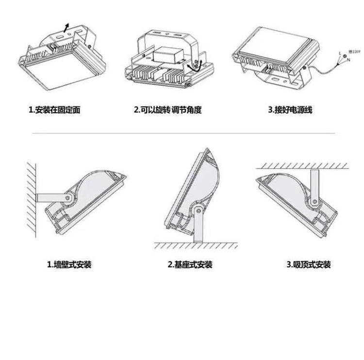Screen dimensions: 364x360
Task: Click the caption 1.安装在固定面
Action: coord(54,110)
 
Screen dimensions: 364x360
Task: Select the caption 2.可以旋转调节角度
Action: coord(167,110)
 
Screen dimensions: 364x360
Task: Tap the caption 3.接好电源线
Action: coord(290,110)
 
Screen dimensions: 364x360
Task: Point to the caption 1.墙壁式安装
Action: coord(69,265)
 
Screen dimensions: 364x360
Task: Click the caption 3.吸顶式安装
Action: coord(309,265)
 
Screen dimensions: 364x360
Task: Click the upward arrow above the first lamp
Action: coord(67,26)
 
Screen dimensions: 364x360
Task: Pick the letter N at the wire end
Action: coord(348,60)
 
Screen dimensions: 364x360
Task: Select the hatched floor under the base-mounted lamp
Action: coord(197,245)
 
